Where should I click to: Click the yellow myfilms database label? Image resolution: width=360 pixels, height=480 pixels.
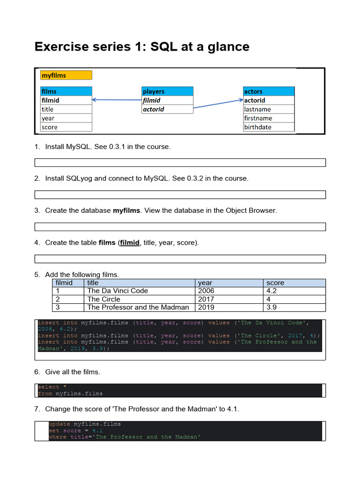point(66,75)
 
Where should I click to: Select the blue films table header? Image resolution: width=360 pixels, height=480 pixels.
point(66,91)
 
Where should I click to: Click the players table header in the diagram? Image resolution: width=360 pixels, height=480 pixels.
point(167,91)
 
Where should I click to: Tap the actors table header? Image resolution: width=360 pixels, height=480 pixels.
point(269,91)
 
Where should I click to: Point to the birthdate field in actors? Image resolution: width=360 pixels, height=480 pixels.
point(269,127)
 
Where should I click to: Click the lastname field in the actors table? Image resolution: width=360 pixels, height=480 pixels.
point(269,109)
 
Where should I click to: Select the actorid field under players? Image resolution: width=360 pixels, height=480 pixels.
point(167,109)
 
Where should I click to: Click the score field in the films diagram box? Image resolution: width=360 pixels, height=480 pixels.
point(66,127)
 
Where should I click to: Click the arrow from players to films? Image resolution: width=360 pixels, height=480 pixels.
point(117,100)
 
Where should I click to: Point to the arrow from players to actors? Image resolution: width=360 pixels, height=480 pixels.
point(218,104)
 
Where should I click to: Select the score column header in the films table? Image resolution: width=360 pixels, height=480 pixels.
point(275,283)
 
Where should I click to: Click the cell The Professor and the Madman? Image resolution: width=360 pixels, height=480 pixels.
point(138,307)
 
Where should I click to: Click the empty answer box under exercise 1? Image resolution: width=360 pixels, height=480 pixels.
point(180,163)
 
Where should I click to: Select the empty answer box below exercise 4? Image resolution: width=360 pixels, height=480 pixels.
point(180,259)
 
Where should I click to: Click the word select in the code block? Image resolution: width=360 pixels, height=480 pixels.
point(49,387)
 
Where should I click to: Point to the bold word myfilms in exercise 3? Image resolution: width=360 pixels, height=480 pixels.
point(127,210)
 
